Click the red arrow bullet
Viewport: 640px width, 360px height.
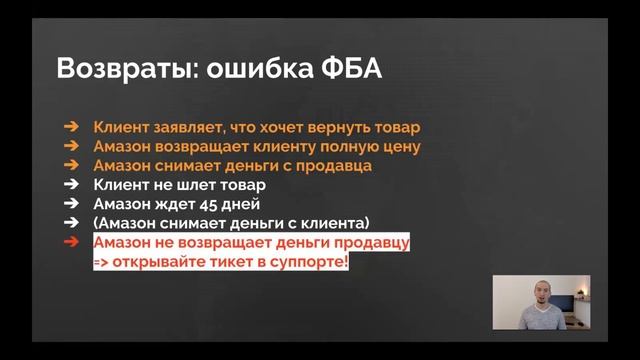pos(70,242)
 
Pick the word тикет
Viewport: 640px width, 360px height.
pos(236,261)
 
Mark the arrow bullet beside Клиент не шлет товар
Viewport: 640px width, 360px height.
pos(70,185)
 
